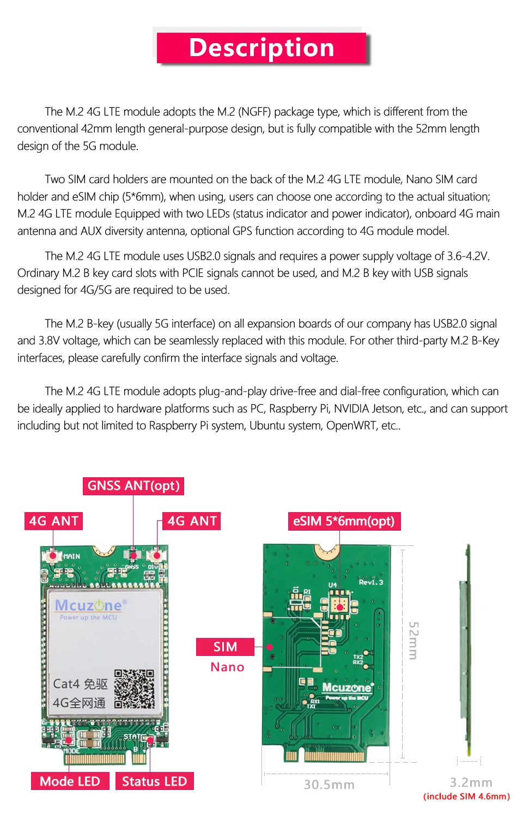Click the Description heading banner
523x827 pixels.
pos(261,48)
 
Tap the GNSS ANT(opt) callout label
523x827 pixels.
pos(133,485)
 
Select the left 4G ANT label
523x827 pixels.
pos(53,521)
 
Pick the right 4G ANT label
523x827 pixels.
pos(192,521)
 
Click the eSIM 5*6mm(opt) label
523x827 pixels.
pos(343,521)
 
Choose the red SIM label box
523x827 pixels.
pos(225,647)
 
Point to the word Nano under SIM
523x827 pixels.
pos(227,667)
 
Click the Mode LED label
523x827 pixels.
pos(70,781)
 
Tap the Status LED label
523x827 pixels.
pos(154,781)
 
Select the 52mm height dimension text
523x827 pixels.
pos(413,640)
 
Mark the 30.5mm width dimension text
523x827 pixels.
pos(329,785)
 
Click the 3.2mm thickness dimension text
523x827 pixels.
pos(471,782)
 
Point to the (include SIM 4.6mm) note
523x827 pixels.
pos(466,796)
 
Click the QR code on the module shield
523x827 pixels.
pos(135,689)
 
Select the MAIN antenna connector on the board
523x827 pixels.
pos(53,556)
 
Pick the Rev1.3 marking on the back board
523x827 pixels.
pos(370,582)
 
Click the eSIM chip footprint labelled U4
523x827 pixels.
pos(339,605)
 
